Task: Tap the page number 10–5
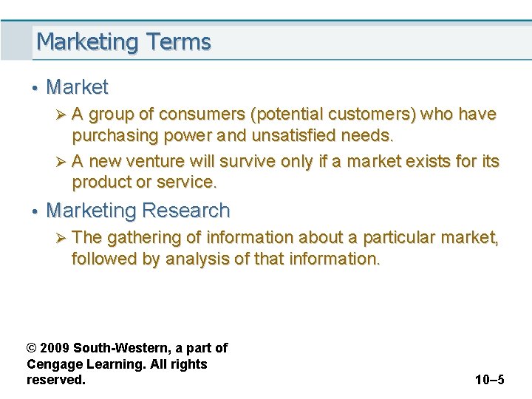[489, 380]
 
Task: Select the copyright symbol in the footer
[31, 348]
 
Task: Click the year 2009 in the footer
[55, 348]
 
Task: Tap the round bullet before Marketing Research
[34, 211]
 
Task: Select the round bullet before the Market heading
[34, 88]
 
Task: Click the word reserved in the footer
[55, 380]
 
